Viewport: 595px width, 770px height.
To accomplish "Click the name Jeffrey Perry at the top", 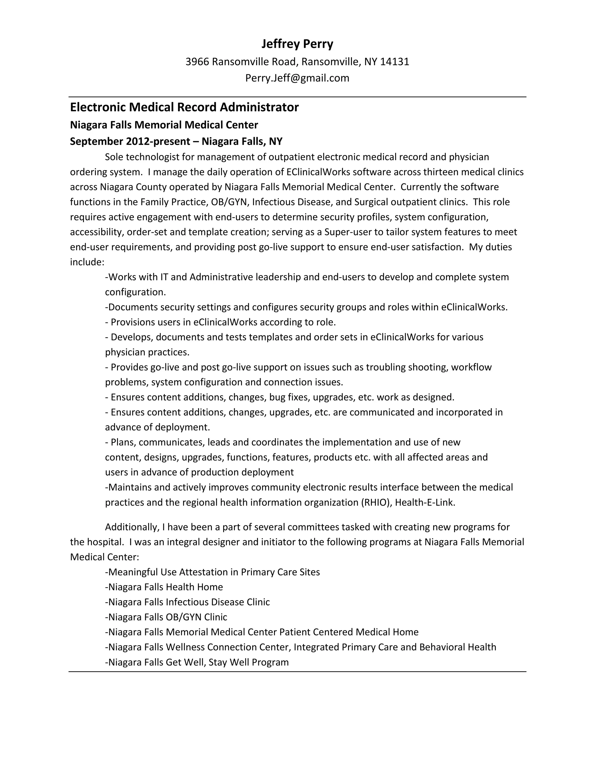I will click(x=297, y=44).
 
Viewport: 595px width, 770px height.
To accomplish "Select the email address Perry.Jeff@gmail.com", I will click(x=297, y=78).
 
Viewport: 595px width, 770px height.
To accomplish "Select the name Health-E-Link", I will click(x=425, y=503).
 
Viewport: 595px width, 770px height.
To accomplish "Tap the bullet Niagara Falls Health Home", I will click(x=164, y=587).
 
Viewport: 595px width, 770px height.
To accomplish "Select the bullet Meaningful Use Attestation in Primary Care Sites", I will click(x=213, y=572).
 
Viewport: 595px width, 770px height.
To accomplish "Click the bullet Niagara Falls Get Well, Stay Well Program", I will click(x=197, y=662).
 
